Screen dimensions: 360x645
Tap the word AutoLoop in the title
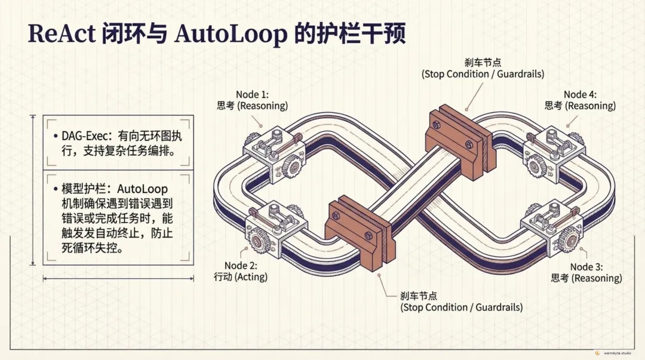pyautogui.click(x=232, y=35)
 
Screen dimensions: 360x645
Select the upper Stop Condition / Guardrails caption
pyautogui.click(x=483, y=74)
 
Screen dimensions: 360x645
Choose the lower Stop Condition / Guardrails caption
pyautogui.click(x=461, y=307)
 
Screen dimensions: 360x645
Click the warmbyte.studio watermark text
pyautogui.click(x=619, y=353)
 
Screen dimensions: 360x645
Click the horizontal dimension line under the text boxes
pyautogui.click(x=118, y=278)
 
